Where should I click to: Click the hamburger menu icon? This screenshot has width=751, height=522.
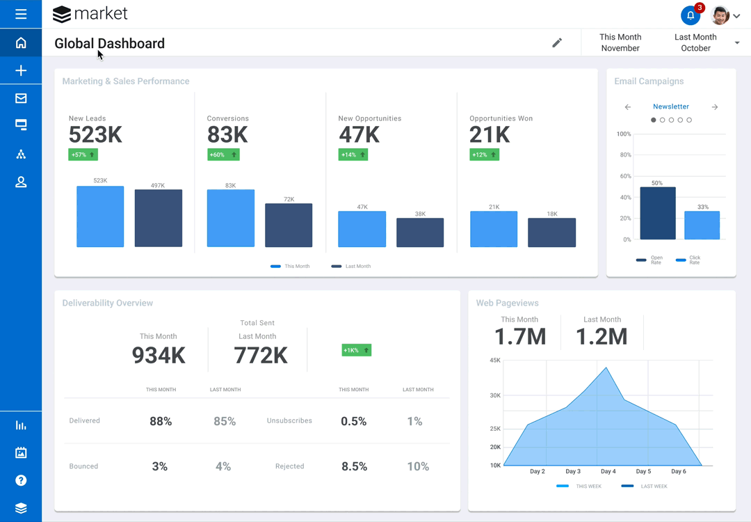[21, 14]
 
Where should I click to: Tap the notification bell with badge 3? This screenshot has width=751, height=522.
[691, 15]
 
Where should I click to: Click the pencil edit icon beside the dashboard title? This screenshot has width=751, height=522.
[557, 43]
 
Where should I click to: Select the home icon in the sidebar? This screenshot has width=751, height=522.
[21, 43]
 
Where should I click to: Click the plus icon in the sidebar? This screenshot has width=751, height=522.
[21, 71]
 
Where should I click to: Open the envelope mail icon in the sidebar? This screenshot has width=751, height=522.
[21, 99]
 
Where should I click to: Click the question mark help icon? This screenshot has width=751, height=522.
[21, 480]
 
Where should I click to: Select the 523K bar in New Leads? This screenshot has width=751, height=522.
[100, 216]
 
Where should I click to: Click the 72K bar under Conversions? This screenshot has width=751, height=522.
[289, 225]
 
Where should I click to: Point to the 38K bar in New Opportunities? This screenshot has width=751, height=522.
[420, 232]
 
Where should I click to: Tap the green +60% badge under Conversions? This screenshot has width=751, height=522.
[223, 155]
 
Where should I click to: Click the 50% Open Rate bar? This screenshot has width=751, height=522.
[657, 213]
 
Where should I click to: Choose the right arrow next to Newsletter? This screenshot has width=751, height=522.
[715, 107]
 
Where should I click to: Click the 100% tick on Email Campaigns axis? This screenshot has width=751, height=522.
[624, 134]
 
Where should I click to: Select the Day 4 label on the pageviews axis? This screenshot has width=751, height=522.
[608, 472]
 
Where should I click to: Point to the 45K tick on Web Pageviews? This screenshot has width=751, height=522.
[495, 361]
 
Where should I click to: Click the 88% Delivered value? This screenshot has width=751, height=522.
[161, 421]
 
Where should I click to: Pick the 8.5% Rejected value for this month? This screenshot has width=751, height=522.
[354, 466]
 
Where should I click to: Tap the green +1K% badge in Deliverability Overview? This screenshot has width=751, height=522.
[356, 350]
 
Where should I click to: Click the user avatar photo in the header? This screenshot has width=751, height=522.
[720, 15]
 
